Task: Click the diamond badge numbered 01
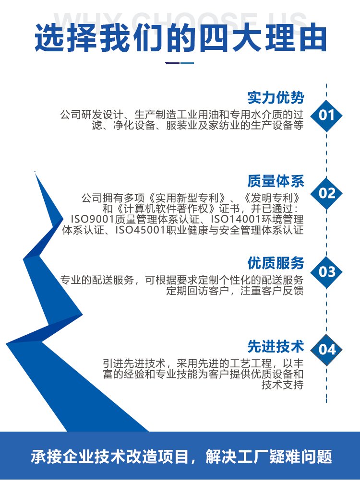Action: [326, 116]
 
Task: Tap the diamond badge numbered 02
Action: [326, 193]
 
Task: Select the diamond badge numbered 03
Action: [326, 272]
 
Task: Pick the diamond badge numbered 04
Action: [326, 350]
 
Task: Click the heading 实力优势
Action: [276, 98]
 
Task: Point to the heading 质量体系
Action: [276, 181]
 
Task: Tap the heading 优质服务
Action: [276, 263]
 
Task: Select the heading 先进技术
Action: [276, 347]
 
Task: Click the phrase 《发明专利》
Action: [272, 198]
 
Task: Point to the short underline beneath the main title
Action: [180, 63]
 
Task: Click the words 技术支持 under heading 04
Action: [282, 385]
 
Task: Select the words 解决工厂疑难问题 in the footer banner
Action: [269, 457]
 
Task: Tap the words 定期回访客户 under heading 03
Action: [198, 291]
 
